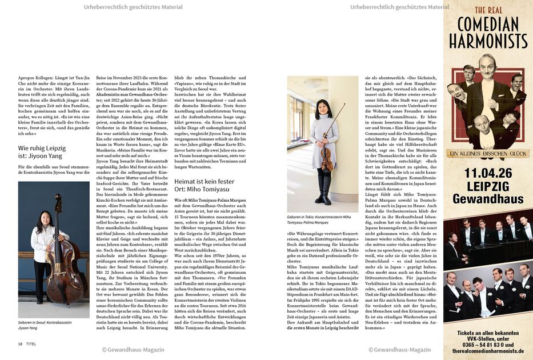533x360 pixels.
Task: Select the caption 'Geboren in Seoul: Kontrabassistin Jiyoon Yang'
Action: tap(46, 326)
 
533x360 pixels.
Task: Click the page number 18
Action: tap(20, 343)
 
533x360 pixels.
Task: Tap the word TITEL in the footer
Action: tap(31, 343)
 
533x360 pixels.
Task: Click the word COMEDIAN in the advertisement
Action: tap(487, 24)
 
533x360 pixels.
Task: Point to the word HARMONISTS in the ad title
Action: tap(487, 41)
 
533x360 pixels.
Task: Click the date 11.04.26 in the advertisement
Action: tap(487, 173)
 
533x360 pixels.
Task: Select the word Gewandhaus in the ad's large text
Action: tap(487, 199)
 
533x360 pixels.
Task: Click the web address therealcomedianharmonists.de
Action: tap(487, 352)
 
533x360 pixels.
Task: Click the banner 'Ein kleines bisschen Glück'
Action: tap(487, 153)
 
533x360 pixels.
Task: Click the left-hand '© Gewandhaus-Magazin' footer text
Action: tap(133, 349)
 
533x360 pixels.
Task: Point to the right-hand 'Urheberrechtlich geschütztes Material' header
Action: tap(399, 7)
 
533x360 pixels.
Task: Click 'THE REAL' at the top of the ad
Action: tap(487, 10)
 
